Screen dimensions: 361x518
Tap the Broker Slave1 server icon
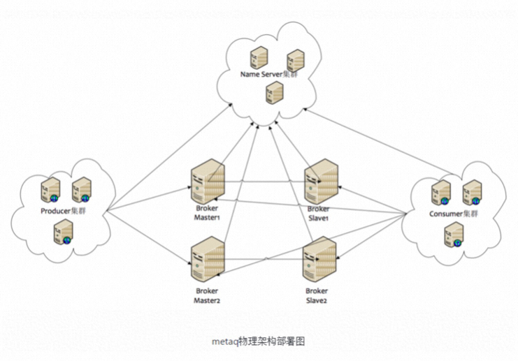322,181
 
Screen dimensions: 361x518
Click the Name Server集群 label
269,74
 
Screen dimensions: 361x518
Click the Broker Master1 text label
207,213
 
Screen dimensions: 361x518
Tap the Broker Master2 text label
207,295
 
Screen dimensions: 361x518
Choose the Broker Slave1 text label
318,214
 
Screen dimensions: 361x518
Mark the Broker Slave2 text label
316,295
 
